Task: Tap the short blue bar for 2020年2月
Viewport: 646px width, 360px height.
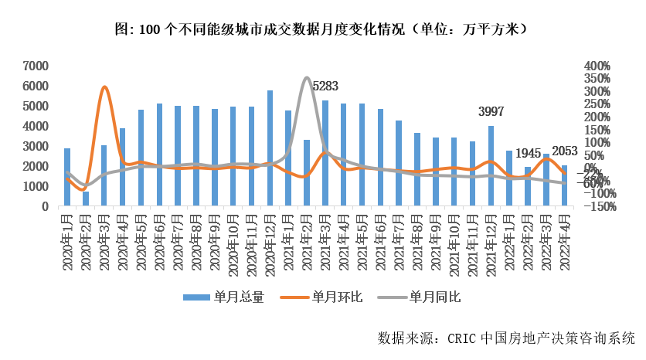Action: (86, 199)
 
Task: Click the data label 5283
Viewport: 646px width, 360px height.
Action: (325, 86)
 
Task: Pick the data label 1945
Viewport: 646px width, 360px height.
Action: (528, 152)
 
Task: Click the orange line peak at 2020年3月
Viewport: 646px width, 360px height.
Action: (104, 87)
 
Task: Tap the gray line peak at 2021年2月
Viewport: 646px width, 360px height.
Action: (307, 78)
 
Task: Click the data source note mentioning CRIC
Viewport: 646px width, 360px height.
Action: (506, 338)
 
